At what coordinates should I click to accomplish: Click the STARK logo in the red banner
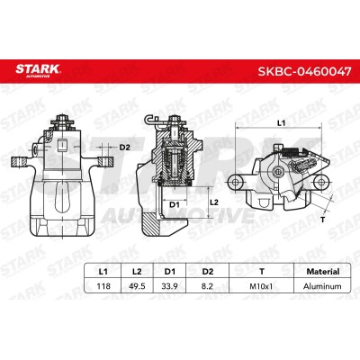[x=38, y=70]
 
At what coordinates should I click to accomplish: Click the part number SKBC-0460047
[x=304, y=71]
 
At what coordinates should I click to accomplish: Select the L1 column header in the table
[x=103, y=272]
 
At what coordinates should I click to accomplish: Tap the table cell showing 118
[x=103, y=286]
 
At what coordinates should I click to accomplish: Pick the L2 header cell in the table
[x=137, y=272]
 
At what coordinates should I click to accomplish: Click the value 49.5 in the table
[x=137, y=286]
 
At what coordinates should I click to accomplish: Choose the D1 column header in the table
[x=170, y=272]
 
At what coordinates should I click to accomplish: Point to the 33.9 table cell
[x=169, y=286]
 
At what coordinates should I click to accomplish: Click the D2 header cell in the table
[x=207, y=272]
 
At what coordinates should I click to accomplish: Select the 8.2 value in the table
[x=207, y=286]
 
